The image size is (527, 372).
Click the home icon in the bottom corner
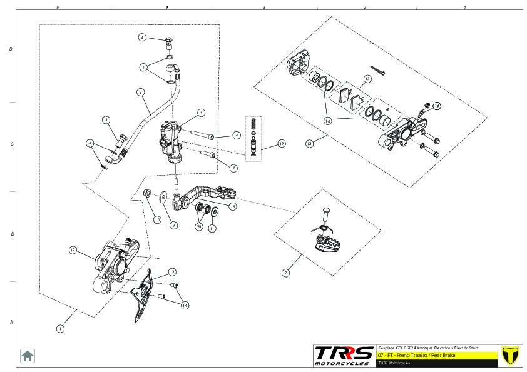[28, 355]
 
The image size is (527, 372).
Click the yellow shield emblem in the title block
[511, 354]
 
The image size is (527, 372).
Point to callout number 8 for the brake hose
[140, 92]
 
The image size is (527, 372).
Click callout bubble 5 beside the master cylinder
[201, 113]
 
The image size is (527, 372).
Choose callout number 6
[237, 135]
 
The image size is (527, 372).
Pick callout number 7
[233, 168]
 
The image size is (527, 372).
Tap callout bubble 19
[282, 144]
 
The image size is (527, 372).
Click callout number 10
[157, 220]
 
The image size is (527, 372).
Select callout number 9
[174, 225]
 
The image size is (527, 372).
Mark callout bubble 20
[199, 227]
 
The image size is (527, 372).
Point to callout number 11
[213, 229]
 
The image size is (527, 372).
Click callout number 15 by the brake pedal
[233, 206]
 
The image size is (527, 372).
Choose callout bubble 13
[171, 272]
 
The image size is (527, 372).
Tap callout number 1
[60, 328]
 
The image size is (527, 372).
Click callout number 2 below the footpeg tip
[285, 273]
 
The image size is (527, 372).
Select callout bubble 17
[368, 78]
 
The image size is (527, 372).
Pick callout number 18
[437, 106]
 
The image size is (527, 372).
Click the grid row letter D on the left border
[11, 48]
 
